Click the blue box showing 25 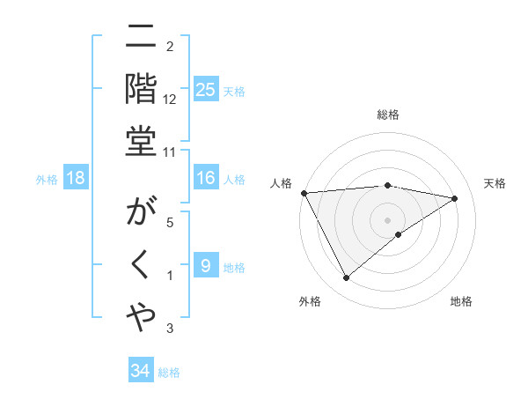tap(205, 90)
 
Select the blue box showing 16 tap(205, 179)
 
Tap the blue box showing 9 tap(205, 266)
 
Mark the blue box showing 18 tap(75, 179)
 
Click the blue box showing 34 tap(140, 371)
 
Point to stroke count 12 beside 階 tap(169, 99)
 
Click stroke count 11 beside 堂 tap(169, 152)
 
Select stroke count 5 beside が tap(169, 222)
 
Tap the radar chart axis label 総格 tap(387, 115)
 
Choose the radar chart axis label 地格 tap(461, 301)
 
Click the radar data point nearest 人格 tap(304, 193)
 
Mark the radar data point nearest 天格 tap(455, 198)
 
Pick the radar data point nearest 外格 tap(346, 278)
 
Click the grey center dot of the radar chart tap(387, 219)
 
